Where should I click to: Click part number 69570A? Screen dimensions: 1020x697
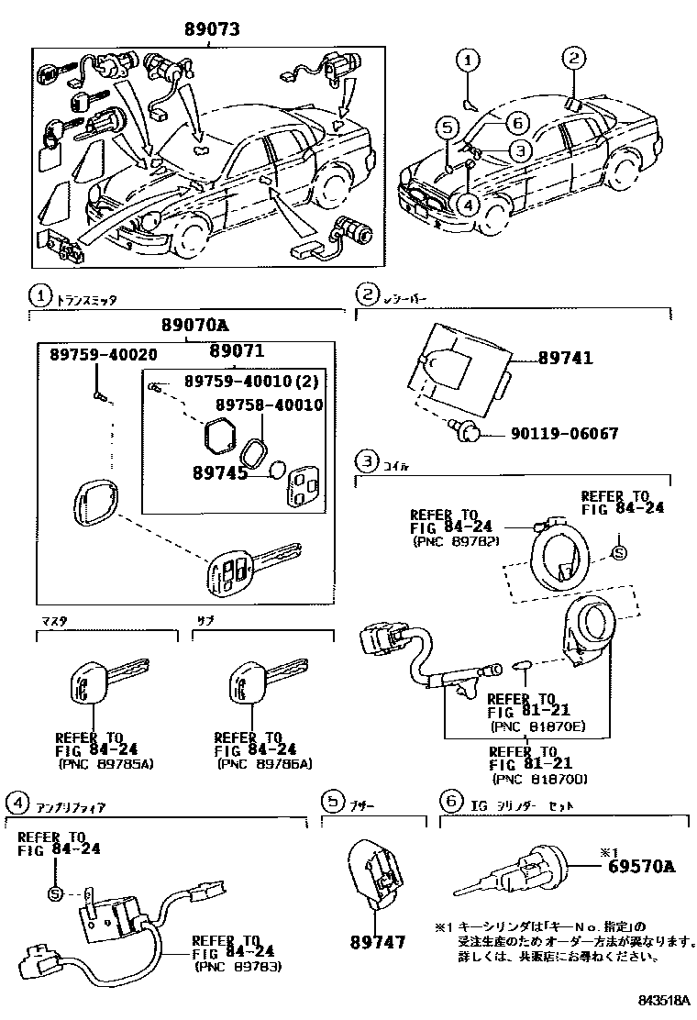[640, 865]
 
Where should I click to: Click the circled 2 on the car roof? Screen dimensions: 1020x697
[574, 59]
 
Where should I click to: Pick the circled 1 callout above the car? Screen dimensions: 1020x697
[468, 61]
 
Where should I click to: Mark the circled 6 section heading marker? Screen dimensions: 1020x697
[448, 802]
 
